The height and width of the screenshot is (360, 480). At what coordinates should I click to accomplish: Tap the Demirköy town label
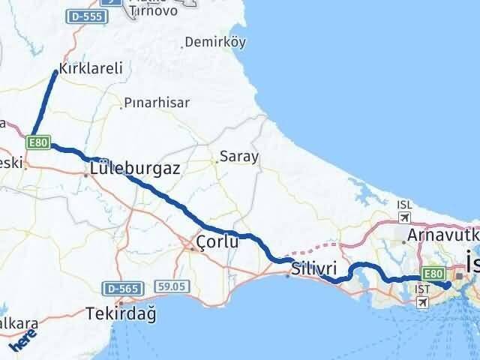pyautogui.click(x=214, y=42)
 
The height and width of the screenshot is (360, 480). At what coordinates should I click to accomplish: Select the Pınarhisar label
pyautogui.click(x=157, y=103)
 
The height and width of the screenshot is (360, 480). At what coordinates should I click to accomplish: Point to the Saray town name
pyautogui.click(x=238, y=157)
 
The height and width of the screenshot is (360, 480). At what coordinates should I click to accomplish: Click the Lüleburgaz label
pyautogui.click(x=134, y=169)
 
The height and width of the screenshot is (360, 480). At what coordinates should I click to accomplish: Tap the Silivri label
pyautogui.click(x=319, y=268)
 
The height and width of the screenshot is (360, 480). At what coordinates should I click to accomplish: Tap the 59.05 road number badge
pyautogui.click(x=171, y=286)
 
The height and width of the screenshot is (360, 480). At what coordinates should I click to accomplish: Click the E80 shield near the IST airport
pyautogui.click(x=433, y=274)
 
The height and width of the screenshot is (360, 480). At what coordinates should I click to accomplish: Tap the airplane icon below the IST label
pyautogui.click(x=421, y=302)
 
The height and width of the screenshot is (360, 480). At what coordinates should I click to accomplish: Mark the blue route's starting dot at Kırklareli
pyautogui.click(x=55, y=72)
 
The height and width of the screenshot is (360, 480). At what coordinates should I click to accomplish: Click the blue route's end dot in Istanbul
pyautogui.click(x=447, y=285)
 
